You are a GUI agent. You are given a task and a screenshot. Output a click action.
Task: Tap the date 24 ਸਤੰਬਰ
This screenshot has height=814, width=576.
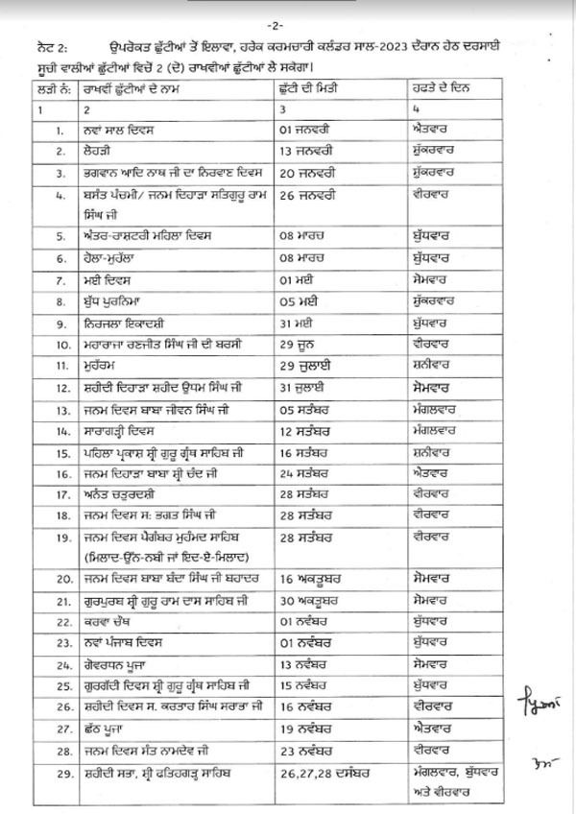[299, 473]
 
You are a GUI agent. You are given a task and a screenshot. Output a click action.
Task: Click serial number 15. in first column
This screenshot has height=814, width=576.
[62, 451]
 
